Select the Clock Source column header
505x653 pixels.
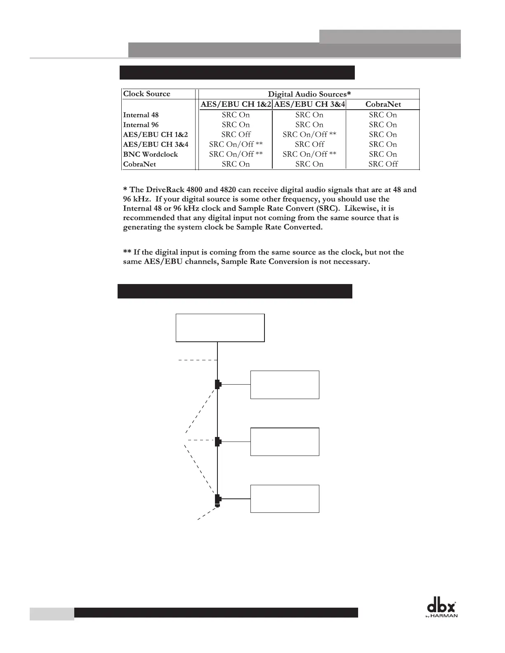(146, 94)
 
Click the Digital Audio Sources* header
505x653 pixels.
(309, 94)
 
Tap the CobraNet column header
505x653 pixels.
(383, 104)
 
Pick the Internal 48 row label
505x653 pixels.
(141, 115)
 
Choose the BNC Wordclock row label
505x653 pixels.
(150, 154)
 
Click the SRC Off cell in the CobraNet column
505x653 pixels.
(383, 164)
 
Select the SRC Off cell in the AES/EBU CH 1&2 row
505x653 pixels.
(236, 134)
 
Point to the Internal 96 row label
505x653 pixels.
(141, 125)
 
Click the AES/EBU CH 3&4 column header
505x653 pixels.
(309, 104)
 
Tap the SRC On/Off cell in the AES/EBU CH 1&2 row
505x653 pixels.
(309, 134)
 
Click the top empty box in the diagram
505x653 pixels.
(220, 328)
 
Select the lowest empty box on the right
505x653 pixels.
(285, 499)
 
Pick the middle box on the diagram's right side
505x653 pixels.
(285, 442)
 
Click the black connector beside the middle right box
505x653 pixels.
(218, 442)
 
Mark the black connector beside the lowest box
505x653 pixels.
(218, 500)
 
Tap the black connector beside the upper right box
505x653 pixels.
(218, 385)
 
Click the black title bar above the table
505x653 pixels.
(237, 72)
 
